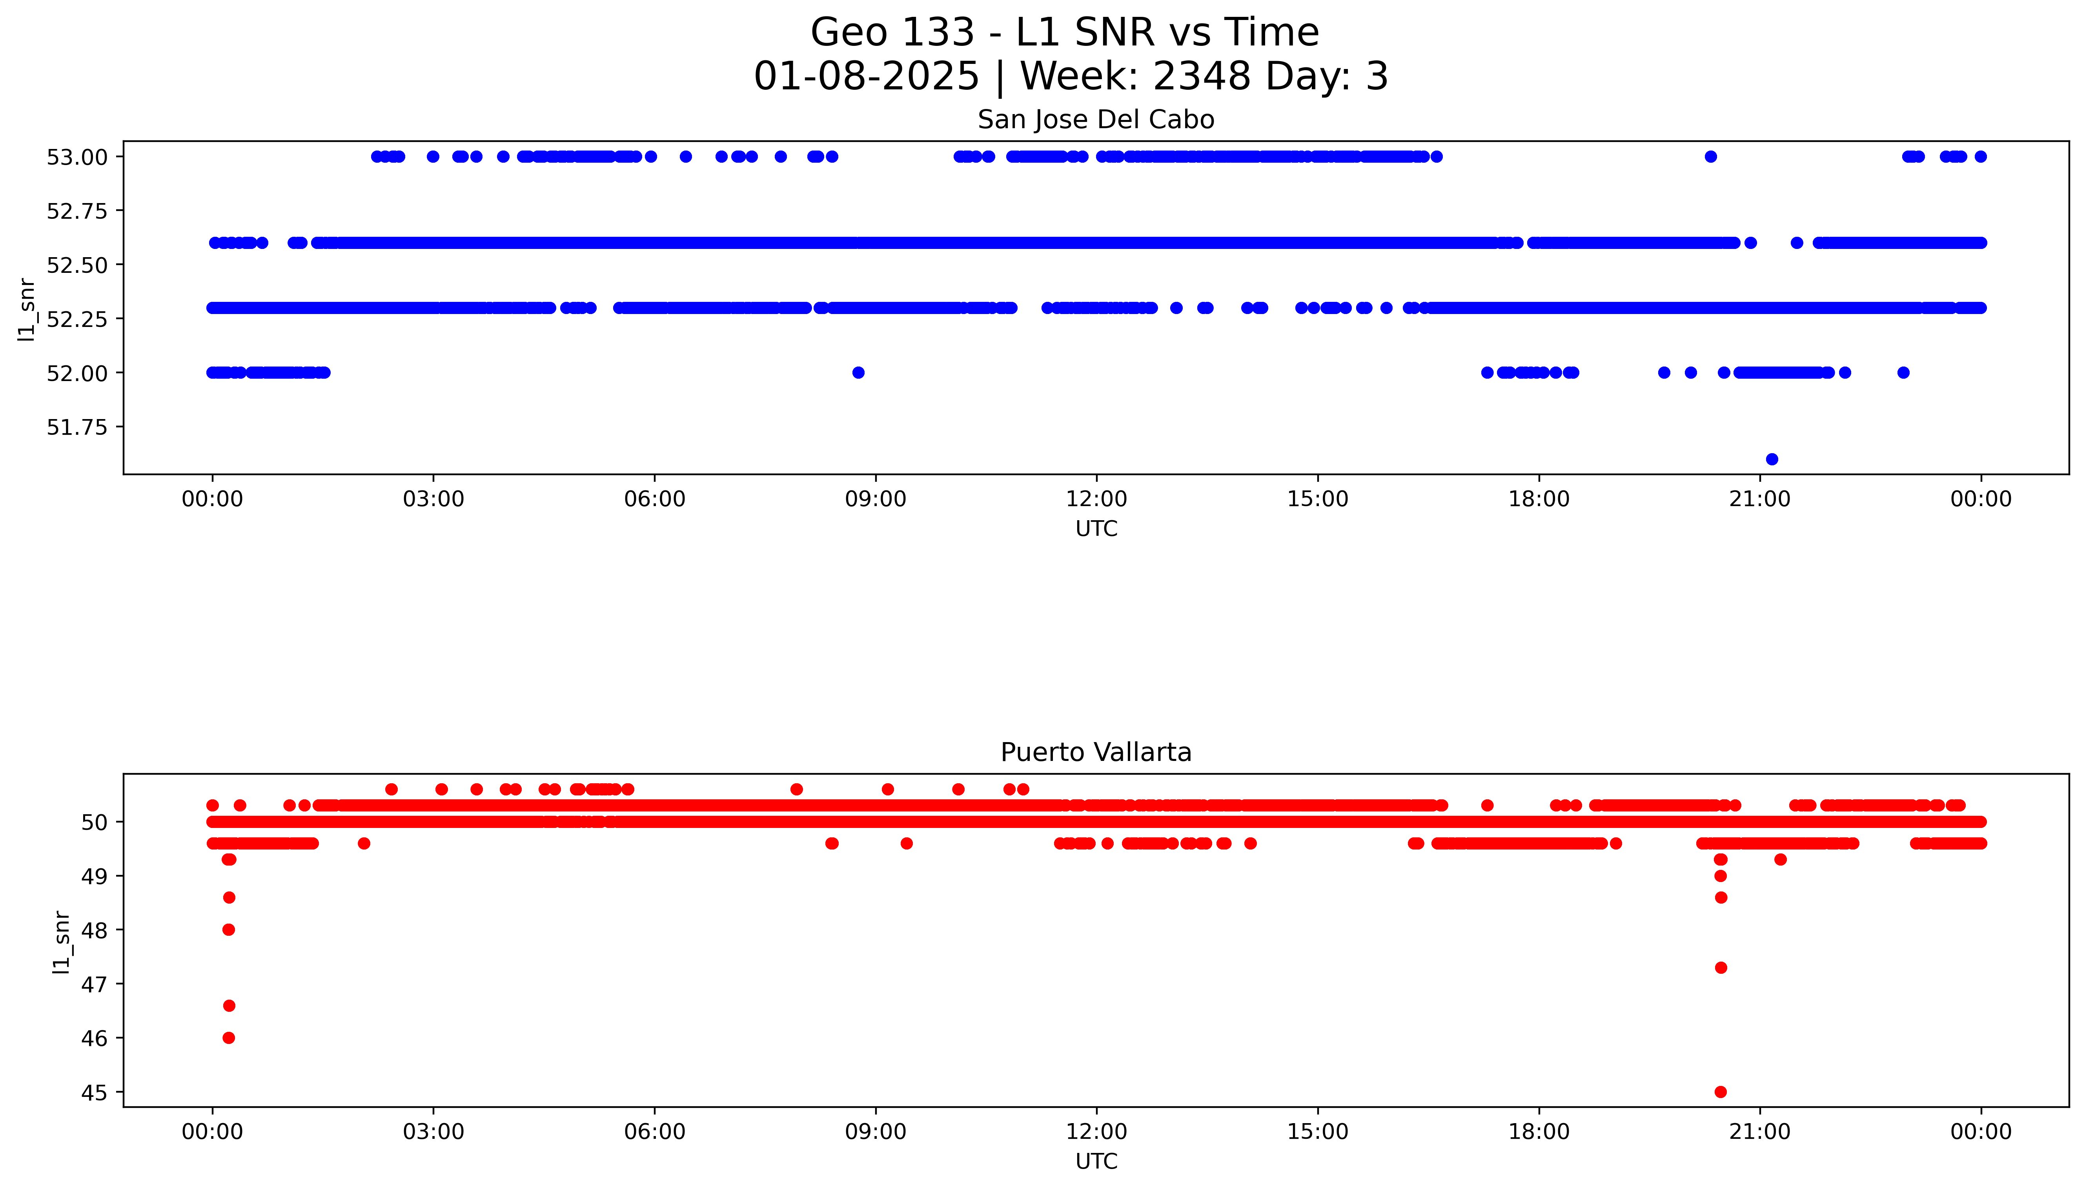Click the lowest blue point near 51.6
pos(1771,459)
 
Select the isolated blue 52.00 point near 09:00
pos(858,372)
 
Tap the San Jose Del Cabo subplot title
pos(1096,120)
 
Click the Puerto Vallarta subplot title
pos(1096,752)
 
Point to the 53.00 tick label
pos(77,157)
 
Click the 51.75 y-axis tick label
pos(77,427)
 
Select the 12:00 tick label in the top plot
pos(1096,499)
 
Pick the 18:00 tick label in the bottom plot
pos(1539,1132)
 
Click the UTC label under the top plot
pos(1096,529)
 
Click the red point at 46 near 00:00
pos(229,1038)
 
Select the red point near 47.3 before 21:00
pos(1721,968)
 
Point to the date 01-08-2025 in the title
pos(866,77)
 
